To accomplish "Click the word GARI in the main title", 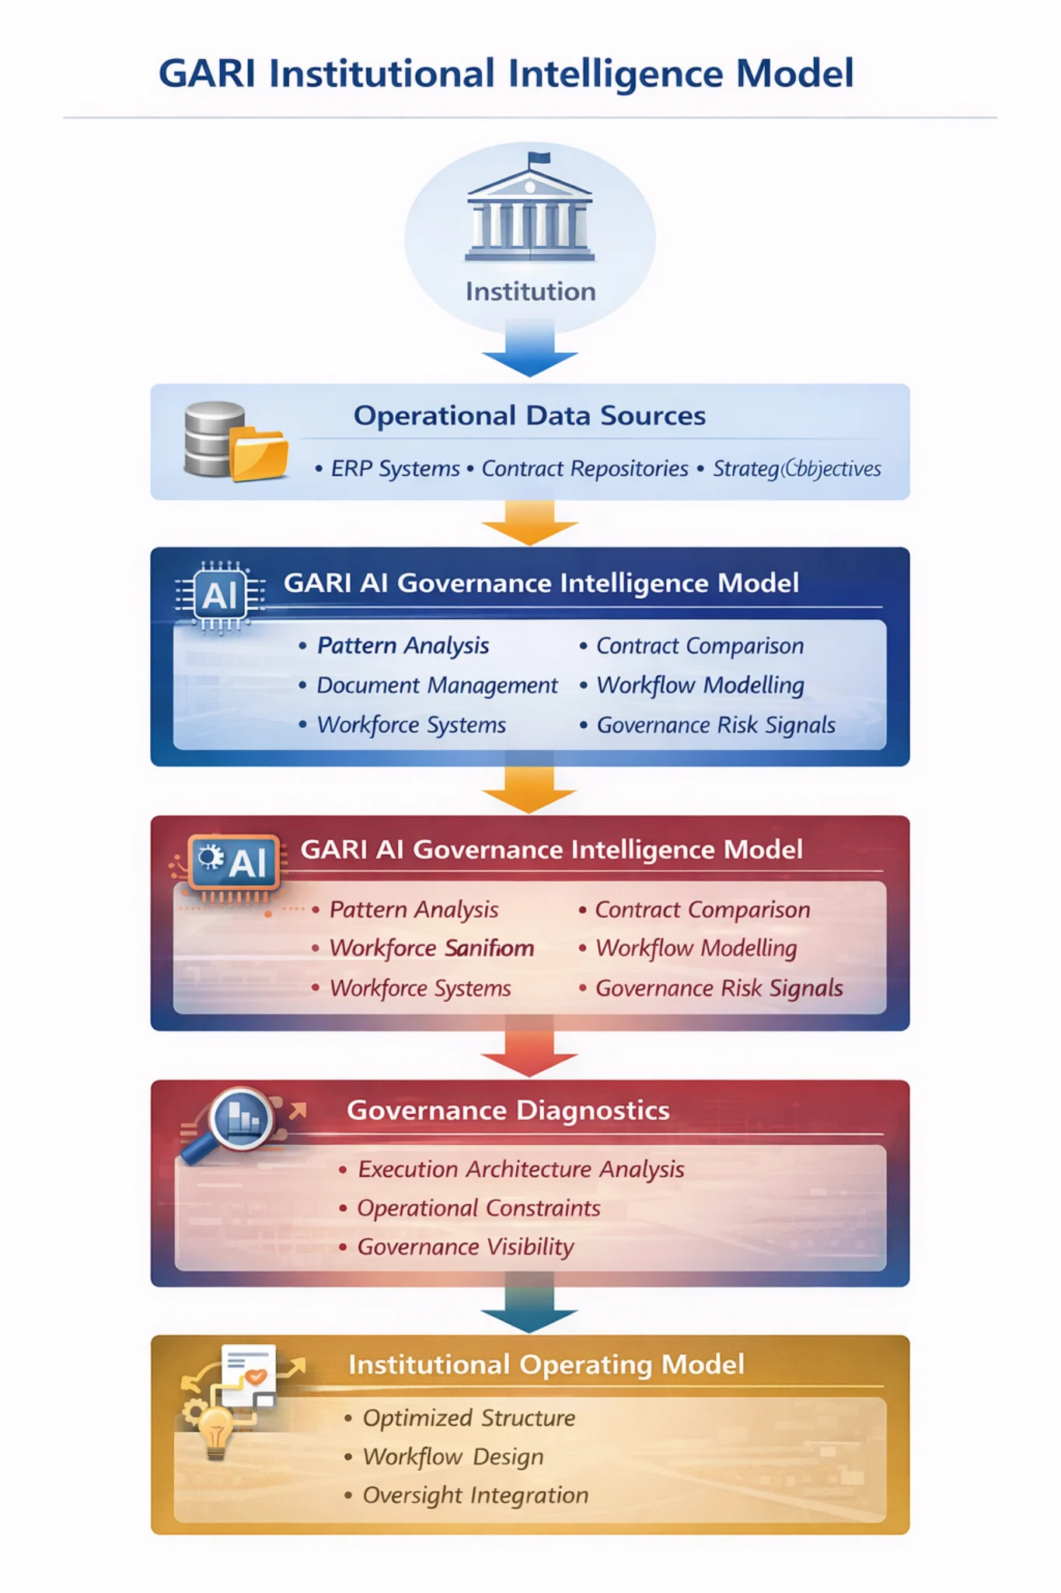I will [x=207, y=74].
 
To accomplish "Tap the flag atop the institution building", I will [x=539, y=159].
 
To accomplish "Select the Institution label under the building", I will [x=530, y=292].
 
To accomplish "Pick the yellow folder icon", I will [x=259, y=453].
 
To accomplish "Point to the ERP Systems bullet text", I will [x=395, y=469].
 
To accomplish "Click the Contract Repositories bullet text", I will [x=585, y=469].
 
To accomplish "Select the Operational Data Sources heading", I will [x=529, y=416].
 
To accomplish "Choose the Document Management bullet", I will [x=437, y=685].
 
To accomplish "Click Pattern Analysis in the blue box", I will [x=403, y=646].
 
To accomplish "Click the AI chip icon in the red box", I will [x=234, y=863].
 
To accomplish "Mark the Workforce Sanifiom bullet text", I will [x=431, y=948].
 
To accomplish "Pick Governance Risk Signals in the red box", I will [x=719, y=988].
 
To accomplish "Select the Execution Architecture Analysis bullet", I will [x=521, y=1169].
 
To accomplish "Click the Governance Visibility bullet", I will [x=465, y=1247].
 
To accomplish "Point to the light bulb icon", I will [x=215, y=1430].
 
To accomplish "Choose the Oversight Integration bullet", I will [x=475, y=1495].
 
